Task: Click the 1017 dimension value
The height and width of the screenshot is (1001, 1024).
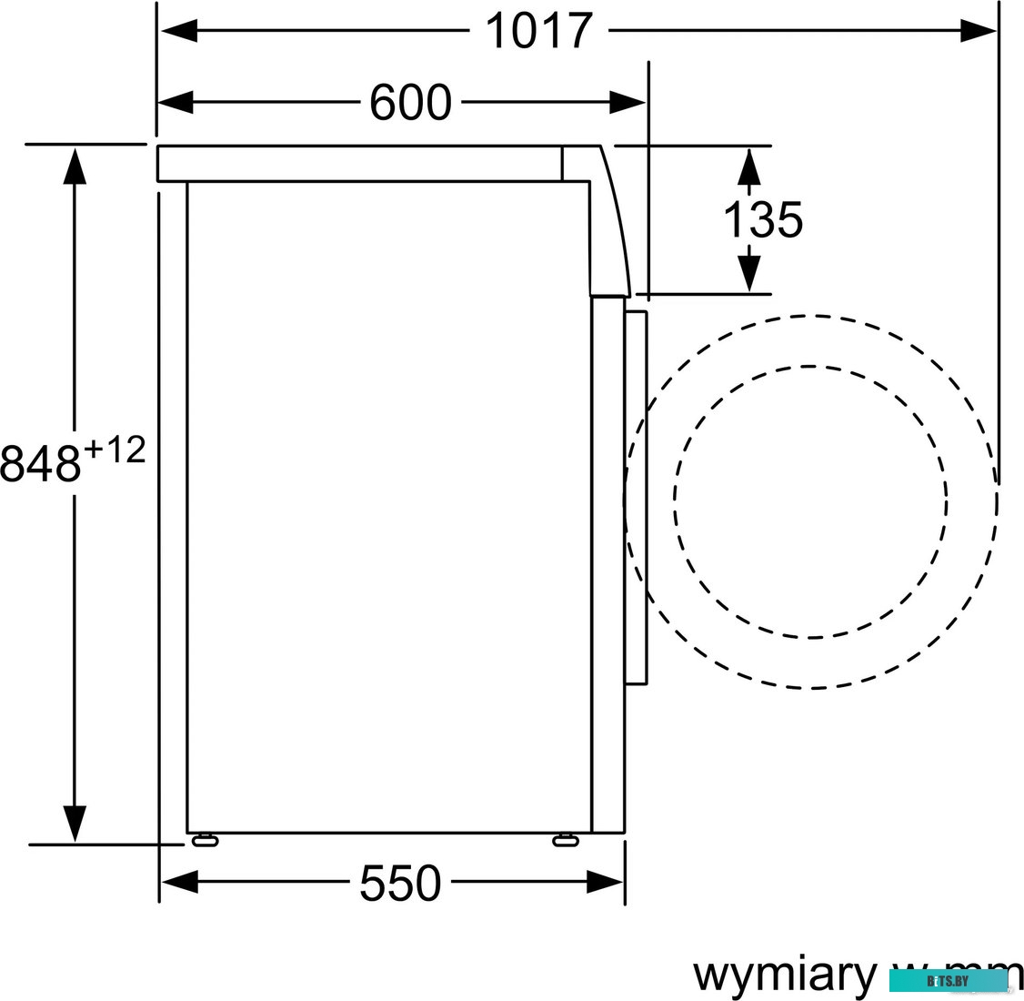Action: click(x=538, y=31)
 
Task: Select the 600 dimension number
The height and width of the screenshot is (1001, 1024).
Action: click(x=409, y=102)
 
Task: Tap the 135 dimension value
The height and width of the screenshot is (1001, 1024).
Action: click(x=762, y=220)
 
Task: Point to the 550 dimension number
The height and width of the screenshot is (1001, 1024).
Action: click(x=400, y=882)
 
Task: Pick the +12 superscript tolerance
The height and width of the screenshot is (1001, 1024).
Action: click(x=115, y=450)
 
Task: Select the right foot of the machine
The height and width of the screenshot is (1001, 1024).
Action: click(x=565, y=839)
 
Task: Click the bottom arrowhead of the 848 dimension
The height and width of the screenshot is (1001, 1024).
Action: click(x=74, y=823)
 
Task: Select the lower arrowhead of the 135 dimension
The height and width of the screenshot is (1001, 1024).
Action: click(x=748, y=273)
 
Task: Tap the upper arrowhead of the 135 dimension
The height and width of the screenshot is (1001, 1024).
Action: click(x=748, y=167)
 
